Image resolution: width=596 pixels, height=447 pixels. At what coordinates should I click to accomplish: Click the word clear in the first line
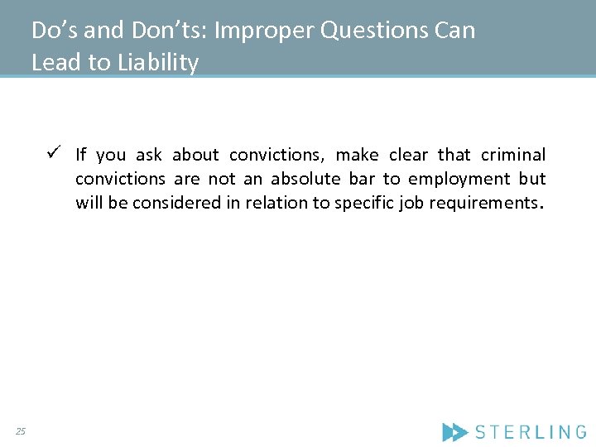[x=409, y=155]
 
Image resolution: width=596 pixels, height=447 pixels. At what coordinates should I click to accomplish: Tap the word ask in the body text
[x=149, y=155]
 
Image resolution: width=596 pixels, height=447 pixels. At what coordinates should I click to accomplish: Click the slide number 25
[x=21, y=430]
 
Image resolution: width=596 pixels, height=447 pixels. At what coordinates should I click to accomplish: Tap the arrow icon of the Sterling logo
[x=455, y=431]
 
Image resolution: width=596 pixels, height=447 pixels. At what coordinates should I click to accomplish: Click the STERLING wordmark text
[x=531, y=431]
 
